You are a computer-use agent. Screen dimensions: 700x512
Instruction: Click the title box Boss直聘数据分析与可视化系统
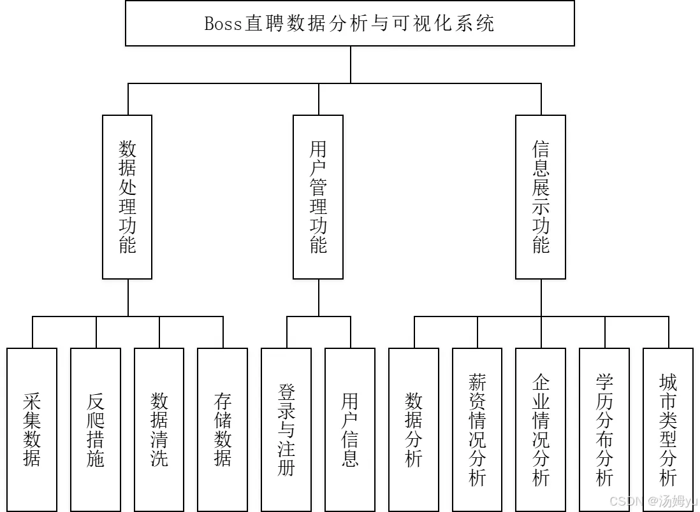click(x=349, y=23)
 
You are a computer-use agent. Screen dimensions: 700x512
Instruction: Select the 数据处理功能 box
click(x=128, y=197)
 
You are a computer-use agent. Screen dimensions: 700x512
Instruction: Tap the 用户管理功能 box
click(x=318, y=197)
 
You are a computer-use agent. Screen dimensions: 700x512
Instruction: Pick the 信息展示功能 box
click(x=541, y=197)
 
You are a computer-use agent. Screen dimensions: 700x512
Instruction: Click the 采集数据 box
click(x=32, y=429)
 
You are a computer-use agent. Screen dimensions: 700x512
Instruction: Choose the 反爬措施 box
click(x=96, y=429)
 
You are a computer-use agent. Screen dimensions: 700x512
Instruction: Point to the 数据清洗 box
click(x=159, y=429)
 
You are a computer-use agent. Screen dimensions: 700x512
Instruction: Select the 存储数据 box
click(x=222, y=429)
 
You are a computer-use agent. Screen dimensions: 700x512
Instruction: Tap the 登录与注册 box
click(x=286, y=429)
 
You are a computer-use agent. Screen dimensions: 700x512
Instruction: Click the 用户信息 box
click(x=350, y=429)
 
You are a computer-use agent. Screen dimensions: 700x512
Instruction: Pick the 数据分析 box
click(x=413, y=429)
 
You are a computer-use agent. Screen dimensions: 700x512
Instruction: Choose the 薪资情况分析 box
click(x=478, y=429)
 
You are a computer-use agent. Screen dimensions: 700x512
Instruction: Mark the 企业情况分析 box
click(x=541, y=429)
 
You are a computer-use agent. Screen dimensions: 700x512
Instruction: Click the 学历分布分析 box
click(x=604, y=429)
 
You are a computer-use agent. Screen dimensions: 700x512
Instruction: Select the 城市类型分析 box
click(x=668, y=429)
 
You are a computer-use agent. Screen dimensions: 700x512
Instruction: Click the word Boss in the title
click(x=223, y=24)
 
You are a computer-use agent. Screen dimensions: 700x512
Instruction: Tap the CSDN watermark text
click(x=626, y=501)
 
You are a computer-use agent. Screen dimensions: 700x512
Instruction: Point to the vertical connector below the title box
click(x=351, y=65)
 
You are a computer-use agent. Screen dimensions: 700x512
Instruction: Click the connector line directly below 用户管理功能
click(x=319, y=298)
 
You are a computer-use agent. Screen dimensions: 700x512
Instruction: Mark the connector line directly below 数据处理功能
click(x=128, y=298)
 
